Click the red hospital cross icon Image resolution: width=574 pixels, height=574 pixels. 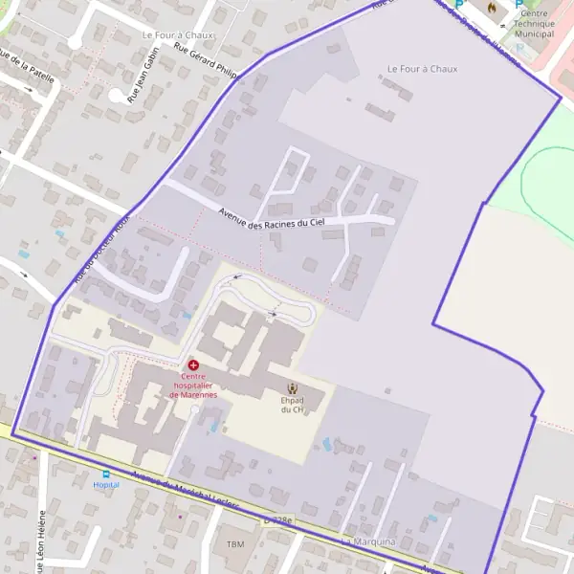(x=193, y=365)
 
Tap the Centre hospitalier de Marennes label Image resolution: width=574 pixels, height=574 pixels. (x=193, y=386)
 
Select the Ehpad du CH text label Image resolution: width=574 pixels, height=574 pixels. (x=292, y=405)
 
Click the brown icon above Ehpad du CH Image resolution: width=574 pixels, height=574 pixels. (x=292, y=388)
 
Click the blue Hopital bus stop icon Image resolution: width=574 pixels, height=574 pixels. (x=106, y=474)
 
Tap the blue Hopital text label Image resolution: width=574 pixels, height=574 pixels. (x=106, y=485)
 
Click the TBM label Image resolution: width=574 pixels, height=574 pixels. (x=235, y=543)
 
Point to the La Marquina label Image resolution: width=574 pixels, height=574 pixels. (x=368, y=542)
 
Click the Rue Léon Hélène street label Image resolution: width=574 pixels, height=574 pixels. (x=40, y=541)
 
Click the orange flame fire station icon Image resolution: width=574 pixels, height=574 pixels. (x=492, y=7)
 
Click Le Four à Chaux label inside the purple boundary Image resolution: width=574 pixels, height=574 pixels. (x=422, y=69)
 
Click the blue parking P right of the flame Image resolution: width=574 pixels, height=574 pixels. (x=519, y=4)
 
